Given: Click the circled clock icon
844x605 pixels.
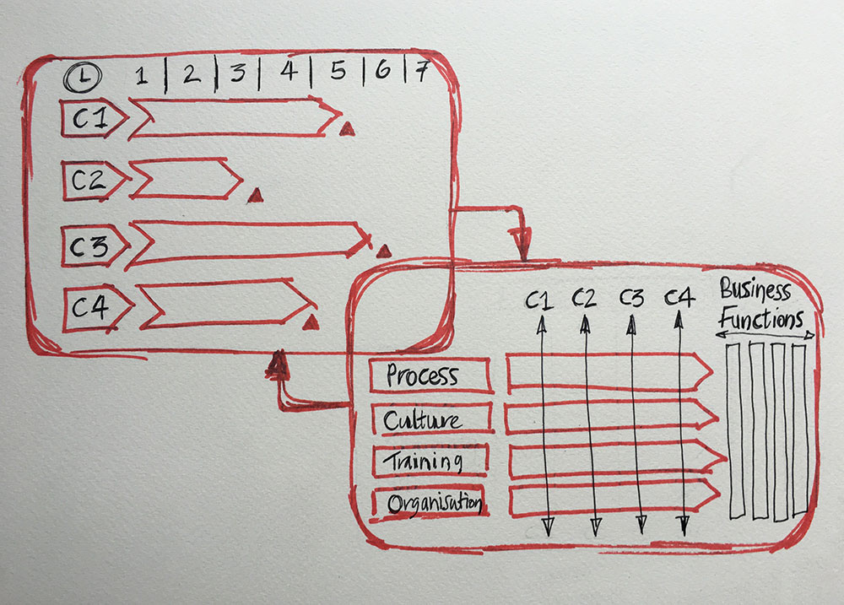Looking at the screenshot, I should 83,77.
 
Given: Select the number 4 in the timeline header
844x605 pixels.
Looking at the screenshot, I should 288,73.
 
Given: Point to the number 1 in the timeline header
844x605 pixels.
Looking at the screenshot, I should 142,77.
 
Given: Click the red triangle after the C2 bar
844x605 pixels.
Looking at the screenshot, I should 255,196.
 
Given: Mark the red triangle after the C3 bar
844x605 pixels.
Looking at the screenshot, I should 383,251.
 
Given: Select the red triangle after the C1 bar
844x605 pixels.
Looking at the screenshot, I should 346,128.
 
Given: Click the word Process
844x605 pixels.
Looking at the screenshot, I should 422,376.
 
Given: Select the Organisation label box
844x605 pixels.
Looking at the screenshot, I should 430,504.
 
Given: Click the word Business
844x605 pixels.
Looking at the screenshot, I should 755,292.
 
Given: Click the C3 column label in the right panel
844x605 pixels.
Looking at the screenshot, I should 631,298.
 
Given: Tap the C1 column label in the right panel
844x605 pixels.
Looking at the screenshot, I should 539,298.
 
